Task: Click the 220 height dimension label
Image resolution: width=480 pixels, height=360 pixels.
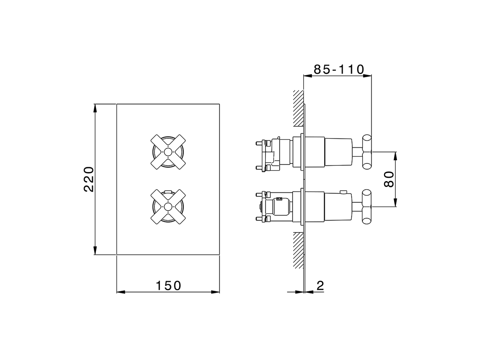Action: point(89,180)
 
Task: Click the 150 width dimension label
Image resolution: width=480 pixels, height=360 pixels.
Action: point(168,286)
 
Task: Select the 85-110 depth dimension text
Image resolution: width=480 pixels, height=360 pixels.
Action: point(339,69)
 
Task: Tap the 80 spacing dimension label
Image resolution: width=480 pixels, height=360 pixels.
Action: point(389,179)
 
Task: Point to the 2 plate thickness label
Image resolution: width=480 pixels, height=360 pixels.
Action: point(320,285)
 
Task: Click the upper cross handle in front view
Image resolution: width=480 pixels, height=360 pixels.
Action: point(168,152)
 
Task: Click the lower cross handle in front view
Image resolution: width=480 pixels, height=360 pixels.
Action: point(168,207)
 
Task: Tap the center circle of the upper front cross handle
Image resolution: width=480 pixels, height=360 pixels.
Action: point(168,152)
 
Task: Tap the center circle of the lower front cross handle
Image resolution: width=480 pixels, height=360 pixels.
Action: point(168,207)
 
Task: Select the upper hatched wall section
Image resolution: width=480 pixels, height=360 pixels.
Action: point(298,108)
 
